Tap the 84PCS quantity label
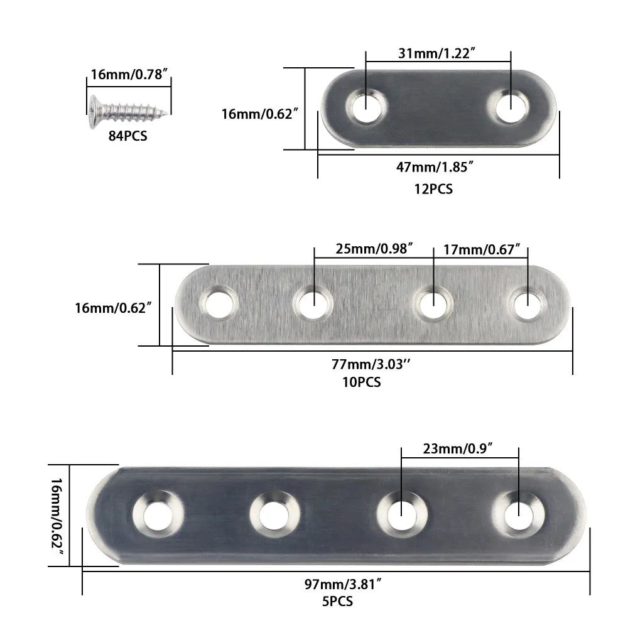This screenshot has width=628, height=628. click(x=127, y=135)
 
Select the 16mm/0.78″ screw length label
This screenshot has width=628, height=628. click(x=129, y=75)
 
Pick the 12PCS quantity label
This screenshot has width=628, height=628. click(x=433, y=188)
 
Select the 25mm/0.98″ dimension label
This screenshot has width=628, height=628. click(x=374, y=249)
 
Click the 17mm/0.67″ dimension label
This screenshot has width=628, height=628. click(x=482, y=249)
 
